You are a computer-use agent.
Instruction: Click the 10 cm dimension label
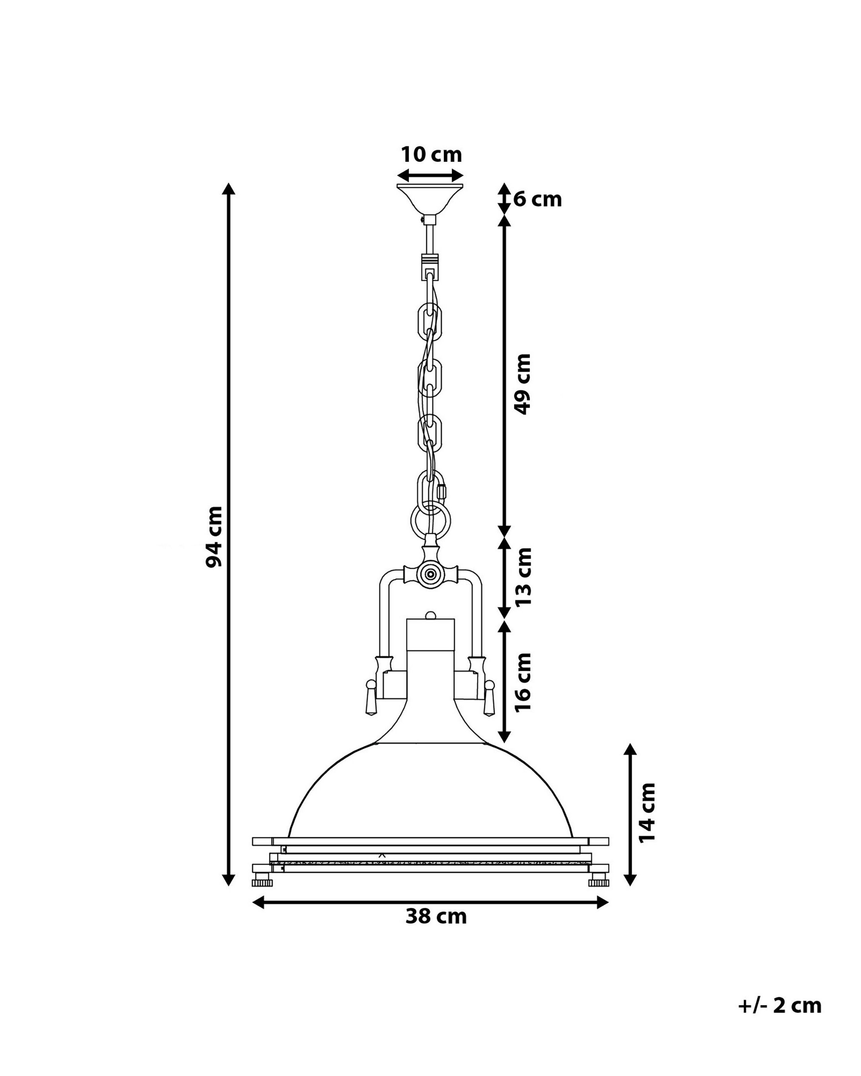(x=431, y=155)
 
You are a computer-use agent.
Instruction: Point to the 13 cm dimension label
(x=523, y=576)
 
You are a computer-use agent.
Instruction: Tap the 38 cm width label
(x=436, y=916)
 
